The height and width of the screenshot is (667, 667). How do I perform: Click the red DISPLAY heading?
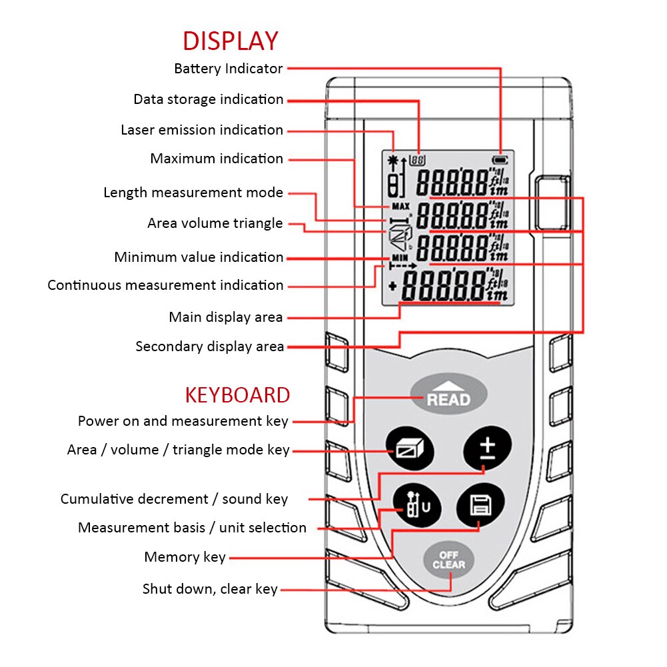click(x=230, y=41)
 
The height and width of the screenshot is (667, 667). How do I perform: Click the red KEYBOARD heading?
click(x=237, y=394)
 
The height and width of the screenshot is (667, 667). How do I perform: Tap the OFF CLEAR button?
click(x=448, y=560)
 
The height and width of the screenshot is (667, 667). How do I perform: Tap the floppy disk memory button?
click(x=480, y=506)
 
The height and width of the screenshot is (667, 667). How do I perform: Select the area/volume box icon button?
click(x=410, y=449)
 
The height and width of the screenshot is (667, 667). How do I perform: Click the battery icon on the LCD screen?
click(x=498, y=160)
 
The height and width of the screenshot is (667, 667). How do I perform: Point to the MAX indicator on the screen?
click(x=400, y=206)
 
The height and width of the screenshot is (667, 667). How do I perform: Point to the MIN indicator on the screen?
click(x=399, y=257)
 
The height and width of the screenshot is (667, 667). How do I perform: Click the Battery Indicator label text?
click(x=229, y=69)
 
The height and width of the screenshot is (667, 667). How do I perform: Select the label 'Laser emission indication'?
click(x=202, y=130)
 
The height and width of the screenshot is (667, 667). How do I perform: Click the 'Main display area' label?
click(x=226, y=317)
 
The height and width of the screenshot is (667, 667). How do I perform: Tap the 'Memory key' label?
click(x=185, y=557)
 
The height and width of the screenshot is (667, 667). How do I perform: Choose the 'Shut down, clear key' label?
click(x=210, y=589)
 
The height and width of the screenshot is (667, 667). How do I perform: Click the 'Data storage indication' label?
click(x=209, y=99)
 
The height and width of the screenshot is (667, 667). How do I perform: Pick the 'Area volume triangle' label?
click(x=215, y=223)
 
